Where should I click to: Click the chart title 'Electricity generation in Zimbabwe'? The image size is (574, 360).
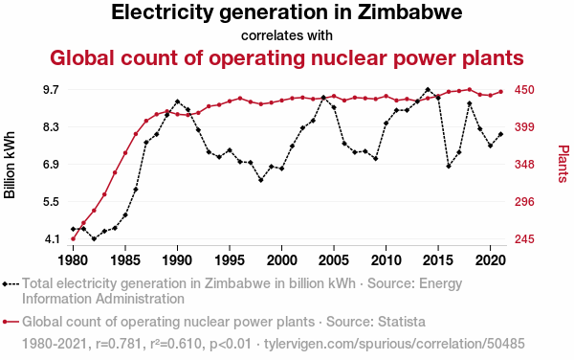point(287,12)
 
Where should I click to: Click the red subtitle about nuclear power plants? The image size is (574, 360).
point(287,57)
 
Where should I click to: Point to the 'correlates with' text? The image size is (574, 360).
point(287,35)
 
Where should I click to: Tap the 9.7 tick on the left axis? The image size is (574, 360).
point(52,90)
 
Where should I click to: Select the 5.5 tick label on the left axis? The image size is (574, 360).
point(52,202)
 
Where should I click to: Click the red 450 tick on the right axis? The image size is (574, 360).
point(524,90)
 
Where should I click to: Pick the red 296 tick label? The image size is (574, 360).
point(524,202)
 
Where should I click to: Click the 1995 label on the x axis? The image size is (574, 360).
point(230,260)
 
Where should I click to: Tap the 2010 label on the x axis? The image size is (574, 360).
point(386,260)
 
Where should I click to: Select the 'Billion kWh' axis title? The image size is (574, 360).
point(10,165)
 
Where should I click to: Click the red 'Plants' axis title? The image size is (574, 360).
point(563,164)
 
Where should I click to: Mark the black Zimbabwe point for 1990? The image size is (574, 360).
point(178,101)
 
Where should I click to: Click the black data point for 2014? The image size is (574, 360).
point(428,90)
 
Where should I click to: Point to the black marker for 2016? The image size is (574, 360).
point(449,167)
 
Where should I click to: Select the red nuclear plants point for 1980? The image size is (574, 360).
point(74,239)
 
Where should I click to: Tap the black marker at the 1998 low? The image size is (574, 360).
point(261,180)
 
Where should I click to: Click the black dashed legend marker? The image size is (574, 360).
point(11,283)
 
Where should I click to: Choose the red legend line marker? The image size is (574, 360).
point(11,322)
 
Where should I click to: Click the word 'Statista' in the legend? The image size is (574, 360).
point(402,322)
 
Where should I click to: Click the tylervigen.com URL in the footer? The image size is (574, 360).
point(394,344)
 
